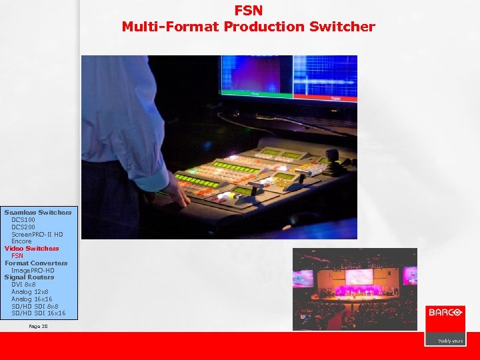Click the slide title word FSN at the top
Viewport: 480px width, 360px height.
click(x=248, y=11)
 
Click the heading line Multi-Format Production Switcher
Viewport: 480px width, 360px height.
click(x=248, y=27)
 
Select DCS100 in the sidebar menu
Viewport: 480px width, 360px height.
click(x=23, y=219)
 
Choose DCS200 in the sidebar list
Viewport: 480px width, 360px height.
click(x=23, y=227)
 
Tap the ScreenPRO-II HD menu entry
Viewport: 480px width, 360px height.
click(x=37, y=234)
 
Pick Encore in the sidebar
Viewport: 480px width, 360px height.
click(x=21, y=241)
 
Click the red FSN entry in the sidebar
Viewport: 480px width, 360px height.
click(x=17, y=255)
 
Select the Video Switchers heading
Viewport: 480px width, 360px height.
click(x=31, y=249)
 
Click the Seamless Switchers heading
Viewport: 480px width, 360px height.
click(x=38, y=212)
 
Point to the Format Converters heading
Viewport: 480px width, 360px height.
click(x=36, y=263)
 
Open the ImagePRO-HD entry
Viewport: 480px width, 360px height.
click(x=33, y=270)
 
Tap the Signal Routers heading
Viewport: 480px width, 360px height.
click(x=29, y=277)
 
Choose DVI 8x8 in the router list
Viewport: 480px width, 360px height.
click(x=23, y=285)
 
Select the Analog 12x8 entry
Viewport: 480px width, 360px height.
click(x=29, y=292)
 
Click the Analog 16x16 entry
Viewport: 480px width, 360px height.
click(x=31, y=299)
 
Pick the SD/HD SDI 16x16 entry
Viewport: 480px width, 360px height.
click(x=39, y=313)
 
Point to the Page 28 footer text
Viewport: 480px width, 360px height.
click(x=39, y=326)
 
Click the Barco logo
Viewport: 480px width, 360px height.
click(x=445, y=312)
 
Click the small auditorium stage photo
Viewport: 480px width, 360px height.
click(x=355, y=289)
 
